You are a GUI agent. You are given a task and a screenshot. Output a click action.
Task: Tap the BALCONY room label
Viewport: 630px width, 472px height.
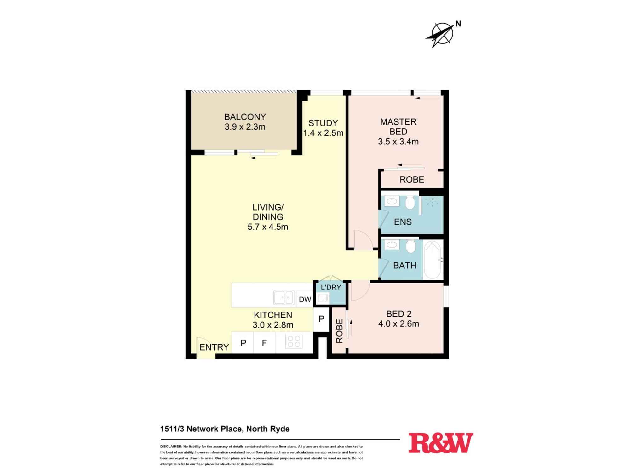point(245,117)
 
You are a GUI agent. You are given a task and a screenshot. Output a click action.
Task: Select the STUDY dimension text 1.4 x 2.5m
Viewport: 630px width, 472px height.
point(323,133)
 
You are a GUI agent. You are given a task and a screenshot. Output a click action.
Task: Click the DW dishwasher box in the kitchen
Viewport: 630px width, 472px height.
point(305,299)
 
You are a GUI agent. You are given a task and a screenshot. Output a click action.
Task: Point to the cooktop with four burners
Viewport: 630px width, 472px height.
point(294,342)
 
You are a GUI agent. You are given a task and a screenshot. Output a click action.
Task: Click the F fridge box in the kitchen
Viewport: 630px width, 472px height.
point(264,343)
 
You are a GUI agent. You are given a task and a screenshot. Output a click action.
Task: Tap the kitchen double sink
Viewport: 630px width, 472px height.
point(283,297)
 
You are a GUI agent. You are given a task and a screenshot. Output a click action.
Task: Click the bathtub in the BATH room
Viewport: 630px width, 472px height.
point(432,260)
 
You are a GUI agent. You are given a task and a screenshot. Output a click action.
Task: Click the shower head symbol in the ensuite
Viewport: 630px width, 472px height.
point(433,201)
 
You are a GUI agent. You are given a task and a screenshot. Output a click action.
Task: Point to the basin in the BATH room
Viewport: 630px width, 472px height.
point(392,245)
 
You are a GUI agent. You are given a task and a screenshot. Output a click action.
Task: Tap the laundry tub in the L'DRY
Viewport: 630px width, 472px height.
point(323,298)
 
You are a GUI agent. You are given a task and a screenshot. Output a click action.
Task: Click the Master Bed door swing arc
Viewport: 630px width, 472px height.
point(363,240)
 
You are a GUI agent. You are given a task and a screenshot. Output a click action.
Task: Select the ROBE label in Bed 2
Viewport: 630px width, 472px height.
point(339,331)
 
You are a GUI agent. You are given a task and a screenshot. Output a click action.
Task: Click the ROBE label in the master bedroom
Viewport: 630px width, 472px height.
point(412,180)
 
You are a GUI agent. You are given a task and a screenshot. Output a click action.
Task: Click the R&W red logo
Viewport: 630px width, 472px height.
point(441,443)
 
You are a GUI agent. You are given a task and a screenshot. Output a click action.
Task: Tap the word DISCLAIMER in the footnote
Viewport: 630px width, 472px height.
point(171,447)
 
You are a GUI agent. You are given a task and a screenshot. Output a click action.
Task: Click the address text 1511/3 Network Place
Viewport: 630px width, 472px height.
point(201,429)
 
